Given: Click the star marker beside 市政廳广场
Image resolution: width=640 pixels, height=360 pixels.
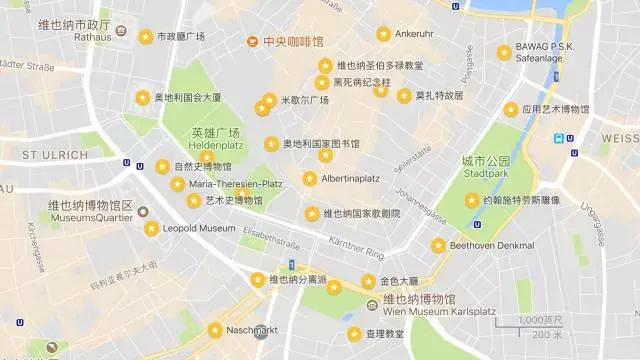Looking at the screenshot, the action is [x=145, y=36].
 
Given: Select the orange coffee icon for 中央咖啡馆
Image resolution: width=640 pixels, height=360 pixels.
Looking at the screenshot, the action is [x=252, y=42].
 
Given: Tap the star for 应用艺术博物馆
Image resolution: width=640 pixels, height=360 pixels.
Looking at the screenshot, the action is [x=511, y=109].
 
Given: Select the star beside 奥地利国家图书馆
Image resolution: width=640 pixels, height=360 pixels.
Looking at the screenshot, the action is [x=271, y=144].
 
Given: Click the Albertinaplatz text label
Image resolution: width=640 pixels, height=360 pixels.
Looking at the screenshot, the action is [x=350, y=179].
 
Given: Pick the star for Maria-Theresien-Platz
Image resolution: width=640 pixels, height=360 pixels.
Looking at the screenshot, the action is [x=177, y=184].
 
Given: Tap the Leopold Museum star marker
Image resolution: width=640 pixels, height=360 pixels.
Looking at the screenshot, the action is [x=151, y=228].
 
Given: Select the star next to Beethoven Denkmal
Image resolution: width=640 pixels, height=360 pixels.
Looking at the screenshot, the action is [x=438, y=245].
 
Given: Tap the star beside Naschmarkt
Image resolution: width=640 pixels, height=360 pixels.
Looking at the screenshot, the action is [x=214, y=330].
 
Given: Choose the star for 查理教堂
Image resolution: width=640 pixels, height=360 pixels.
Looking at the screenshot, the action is [x=354, y=334].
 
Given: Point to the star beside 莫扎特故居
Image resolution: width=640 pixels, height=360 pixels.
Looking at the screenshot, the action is [x=404, y=96].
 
